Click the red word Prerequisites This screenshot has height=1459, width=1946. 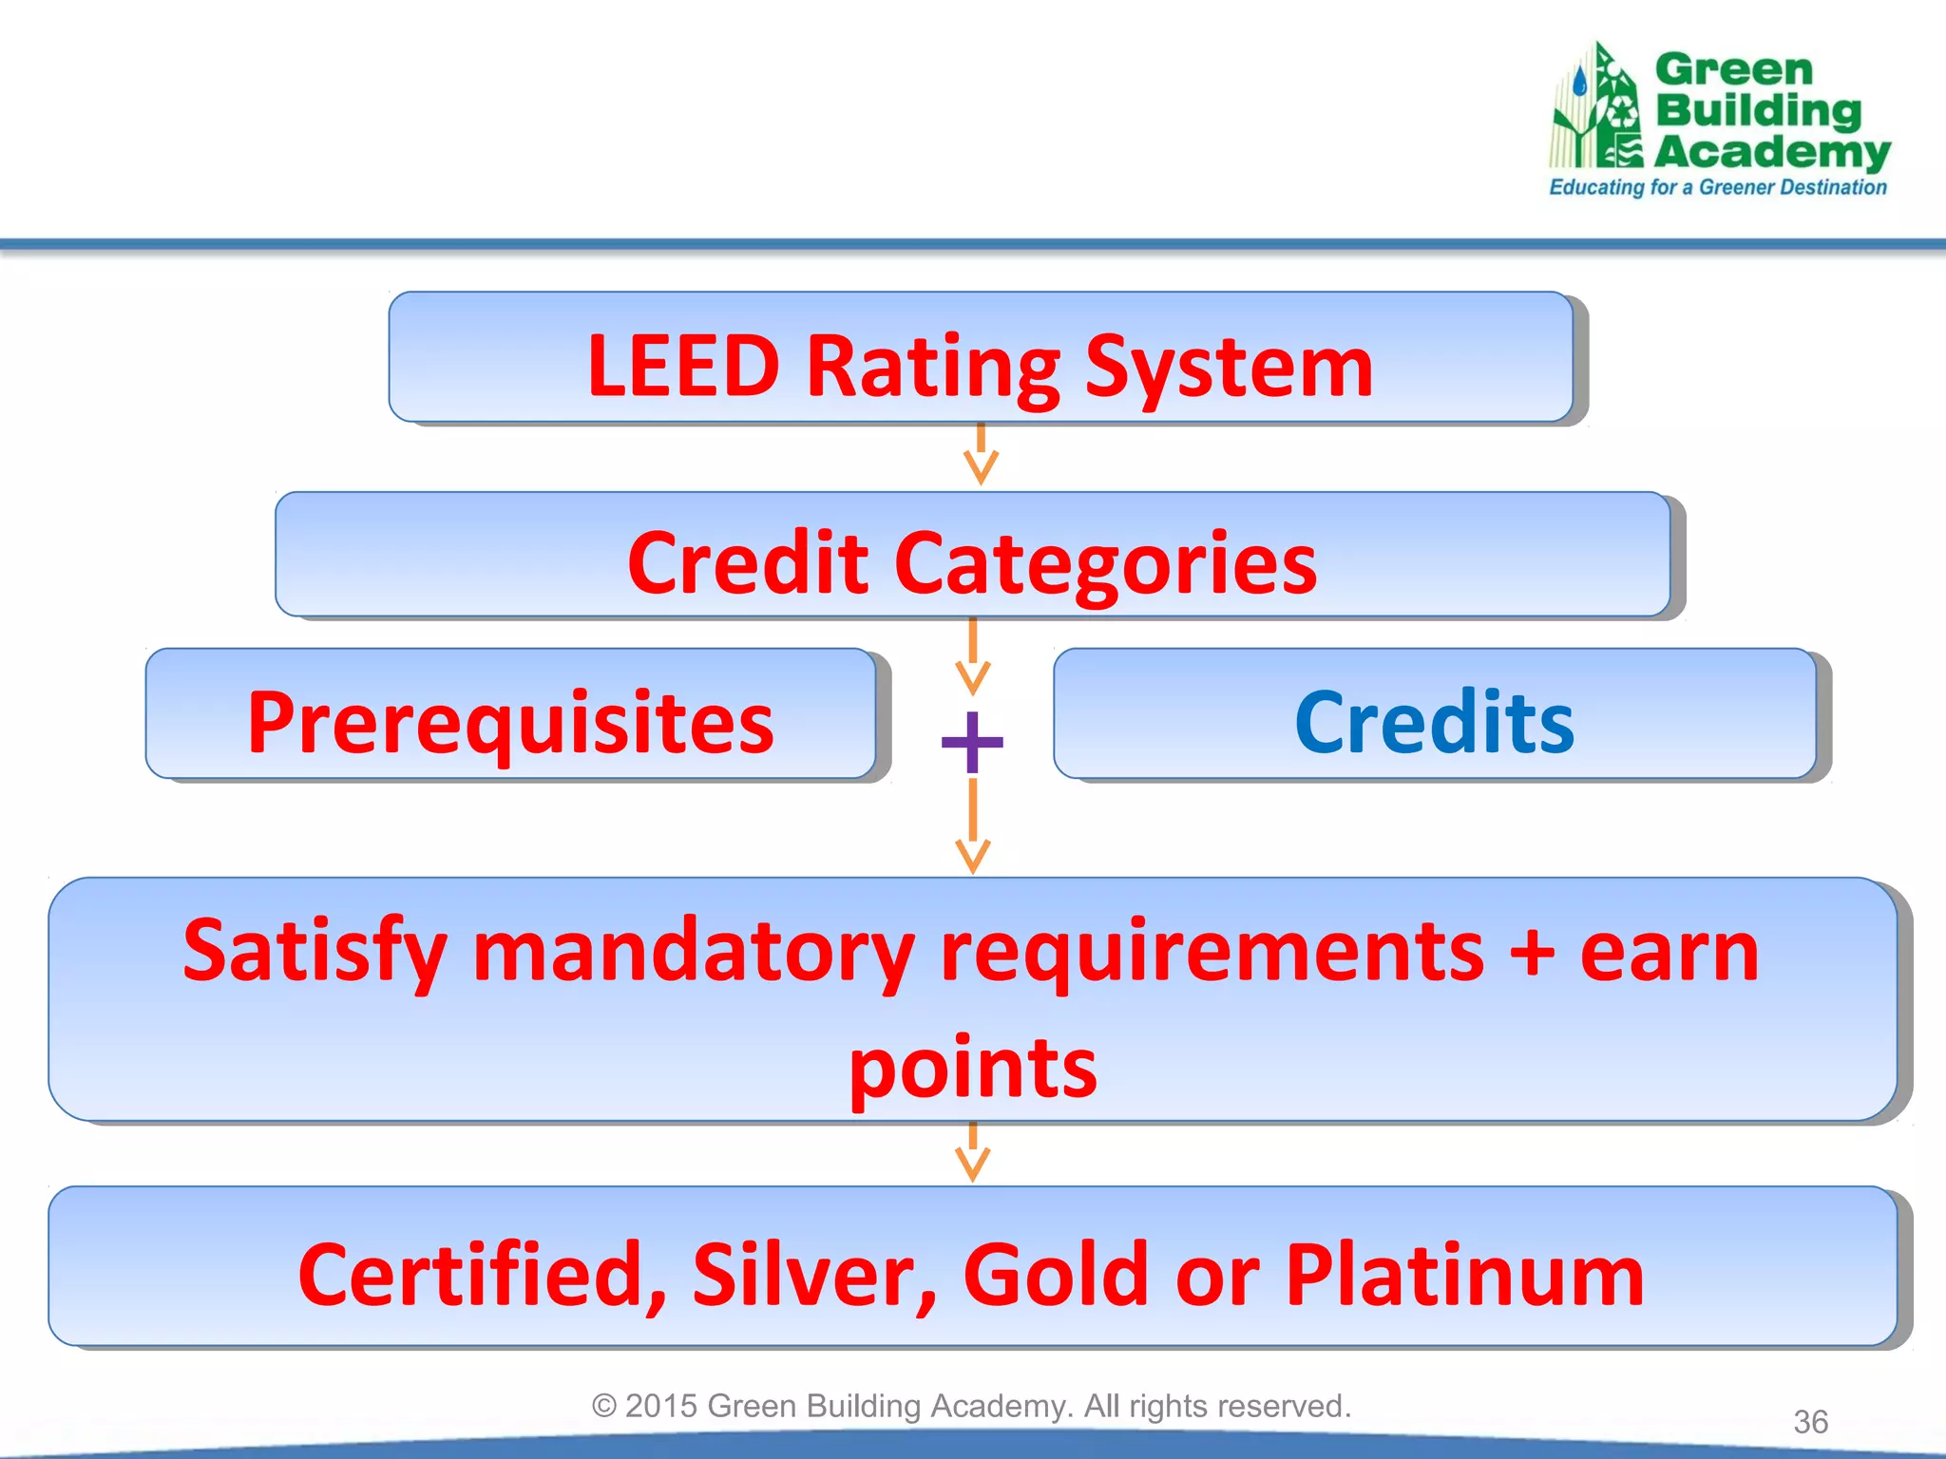click(510, 723)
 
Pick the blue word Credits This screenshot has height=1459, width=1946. click(1434, 723)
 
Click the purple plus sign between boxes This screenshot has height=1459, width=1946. click(972, 741)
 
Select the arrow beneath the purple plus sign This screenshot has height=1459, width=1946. click(972, 826)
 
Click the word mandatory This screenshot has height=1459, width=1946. click(694, 952)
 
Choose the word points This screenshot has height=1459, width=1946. click(972, 1069)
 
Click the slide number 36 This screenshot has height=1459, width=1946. click(1810, 1422)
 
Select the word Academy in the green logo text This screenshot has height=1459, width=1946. click(1772, 152)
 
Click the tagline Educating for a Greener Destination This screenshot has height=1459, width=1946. click(1717, 187)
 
